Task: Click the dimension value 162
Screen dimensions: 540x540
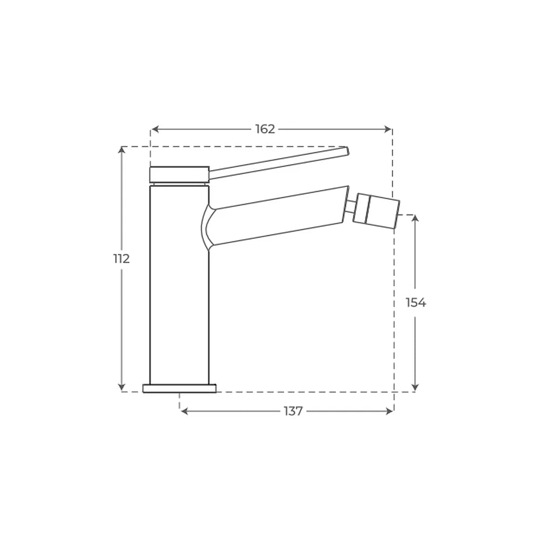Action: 265,129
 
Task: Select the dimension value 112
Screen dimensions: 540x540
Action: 122,258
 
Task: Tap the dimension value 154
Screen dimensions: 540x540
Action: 416,303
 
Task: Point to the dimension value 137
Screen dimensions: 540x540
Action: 293,411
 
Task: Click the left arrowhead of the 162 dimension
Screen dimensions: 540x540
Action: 155,129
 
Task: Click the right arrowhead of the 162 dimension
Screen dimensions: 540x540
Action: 388,129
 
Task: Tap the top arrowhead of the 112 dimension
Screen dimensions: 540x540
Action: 121,150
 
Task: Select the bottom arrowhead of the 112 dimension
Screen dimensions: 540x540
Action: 121,387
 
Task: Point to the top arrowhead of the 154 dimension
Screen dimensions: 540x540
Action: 415,218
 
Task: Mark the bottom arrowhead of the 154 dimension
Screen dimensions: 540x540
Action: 415,387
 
